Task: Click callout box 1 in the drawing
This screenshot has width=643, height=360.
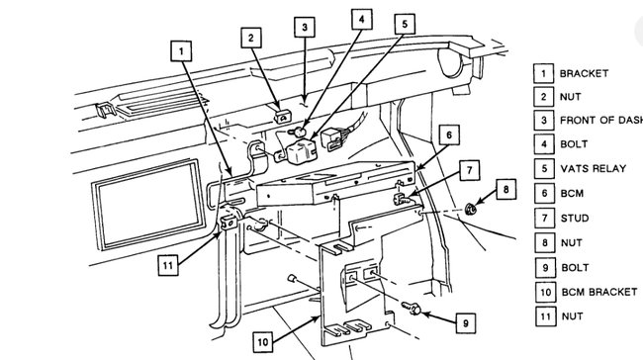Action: tap(179, 47)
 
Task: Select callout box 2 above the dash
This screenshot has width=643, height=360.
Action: tap(253, 38)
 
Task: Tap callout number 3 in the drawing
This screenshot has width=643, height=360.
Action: tap(306, 27)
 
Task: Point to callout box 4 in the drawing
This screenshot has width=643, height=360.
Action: tap(363, 19)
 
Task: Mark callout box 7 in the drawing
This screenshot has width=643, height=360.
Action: tap(469, 169)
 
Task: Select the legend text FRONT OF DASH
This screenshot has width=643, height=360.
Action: tap(599, 121)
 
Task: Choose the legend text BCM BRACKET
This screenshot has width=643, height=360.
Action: tap(596, 292)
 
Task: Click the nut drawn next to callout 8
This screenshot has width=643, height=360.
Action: tap(472, 209)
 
